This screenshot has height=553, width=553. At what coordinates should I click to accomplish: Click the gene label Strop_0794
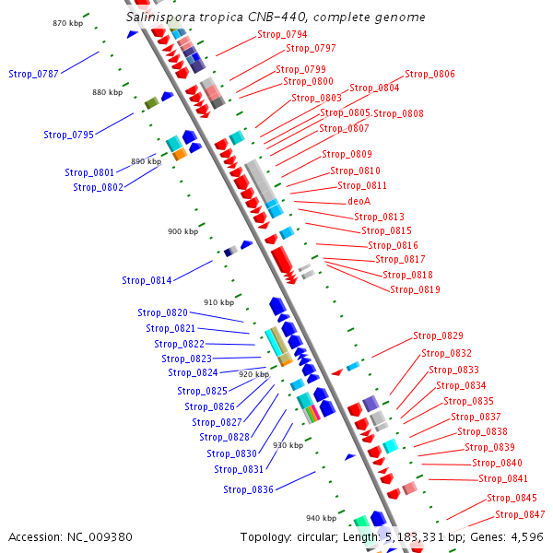282,34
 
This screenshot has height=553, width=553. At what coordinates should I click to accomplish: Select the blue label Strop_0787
33,73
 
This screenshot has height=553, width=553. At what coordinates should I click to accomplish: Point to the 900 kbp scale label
182,231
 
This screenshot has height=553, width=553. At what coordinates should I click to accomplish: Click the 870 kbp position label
67,22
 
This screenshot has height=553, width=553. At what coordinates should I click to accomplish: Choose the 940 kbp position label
322,518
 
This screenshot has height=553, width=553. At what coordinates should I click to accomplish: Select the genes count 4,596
525,536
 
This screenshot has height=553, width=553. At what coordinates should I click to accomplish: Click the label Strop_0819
415,289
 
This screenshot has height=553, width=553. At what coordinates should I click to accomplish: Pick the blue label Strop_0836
248,489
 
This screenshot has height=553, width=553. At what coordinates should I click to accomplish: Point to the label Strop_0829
438,335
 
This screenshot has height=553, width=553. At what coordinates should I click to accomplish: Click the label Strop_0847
520,514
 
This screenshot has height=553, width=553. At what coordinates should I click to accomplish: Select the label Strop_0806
429,74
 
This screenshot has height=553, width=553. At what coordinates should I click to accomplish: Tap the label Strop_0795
68,135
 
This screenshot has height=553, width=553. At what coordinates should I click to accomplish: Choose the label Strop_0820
162,312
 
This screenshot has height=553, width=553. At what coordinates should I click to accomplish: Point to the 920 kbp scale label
253,374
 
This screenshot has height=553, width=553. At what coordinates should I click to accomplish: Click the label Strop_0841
503,478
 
